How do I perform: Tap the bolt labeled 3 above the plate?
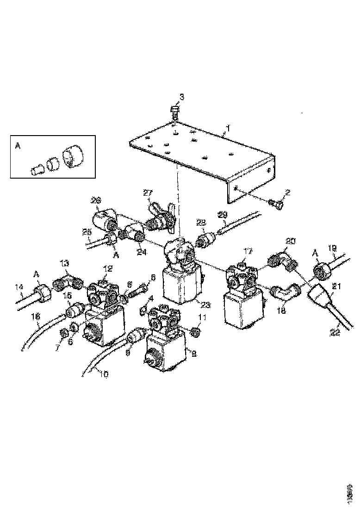point(175,112)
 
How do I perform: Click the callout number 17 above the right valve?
point(248,252)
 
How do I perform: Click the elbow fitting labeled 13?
point(68,282)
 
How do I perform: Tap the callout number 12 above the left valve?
point(108,268)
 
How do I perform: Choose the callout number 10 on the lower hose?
point(104,375)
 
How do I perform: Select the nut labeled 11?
point(195,331)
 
